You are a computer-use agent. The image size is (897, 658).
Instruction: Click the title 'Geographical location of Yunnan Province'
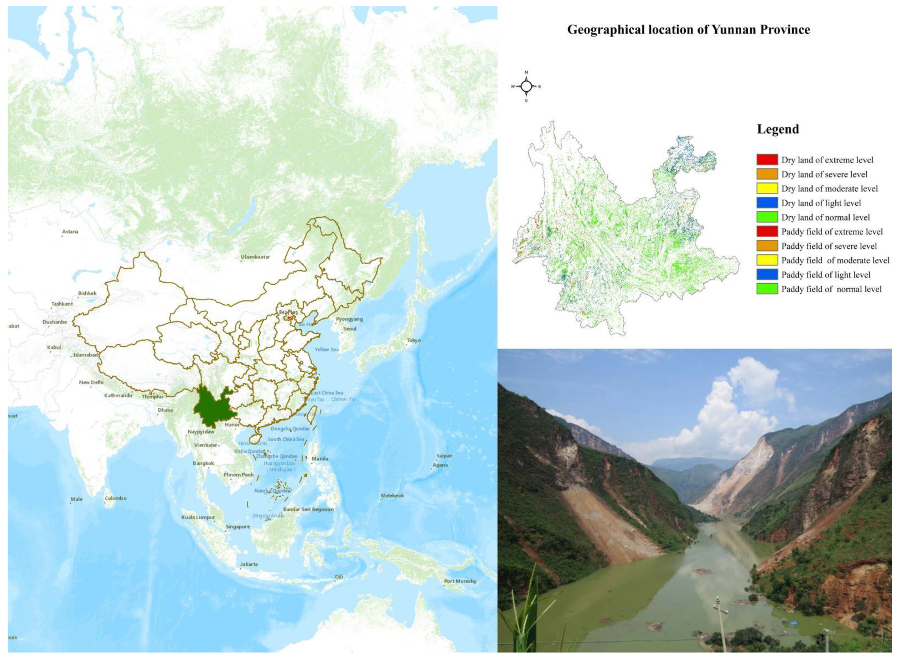[688, 30]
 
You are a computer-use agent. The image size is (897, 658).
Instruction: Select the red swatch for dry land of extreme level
[767, 160]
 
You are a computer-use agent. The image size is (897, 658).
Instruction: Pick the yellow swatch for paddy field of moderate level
[767, 260]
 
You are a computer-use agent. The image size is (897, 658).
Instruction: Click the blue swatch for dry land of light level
[767, 203]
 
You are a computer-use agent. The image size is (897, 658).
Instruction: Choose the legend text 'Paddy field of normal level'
[831, 289]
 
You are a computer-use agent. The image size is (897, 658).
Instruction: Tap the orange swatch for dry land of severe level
[767, 174]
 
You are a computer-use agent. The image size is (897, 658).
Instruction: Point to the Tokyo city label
[413, 340]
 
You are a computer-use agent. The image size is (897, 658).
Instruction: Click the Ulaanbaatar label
[255, 257]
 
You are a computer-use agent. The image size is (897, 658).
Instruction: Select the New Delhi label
[91, 382]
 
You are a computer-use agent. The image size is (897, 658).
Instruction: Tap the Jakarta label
[249, 564]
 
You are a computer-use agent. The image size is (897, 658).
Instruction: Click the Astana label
[70, 231]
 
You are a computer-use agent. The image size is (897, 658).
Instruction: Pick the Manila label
[320, 459]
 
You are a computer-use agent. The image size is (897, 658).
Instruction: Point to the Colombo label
[115, 498]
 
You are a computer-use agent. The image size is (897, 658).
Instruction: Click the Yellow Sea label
[326, 349]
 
